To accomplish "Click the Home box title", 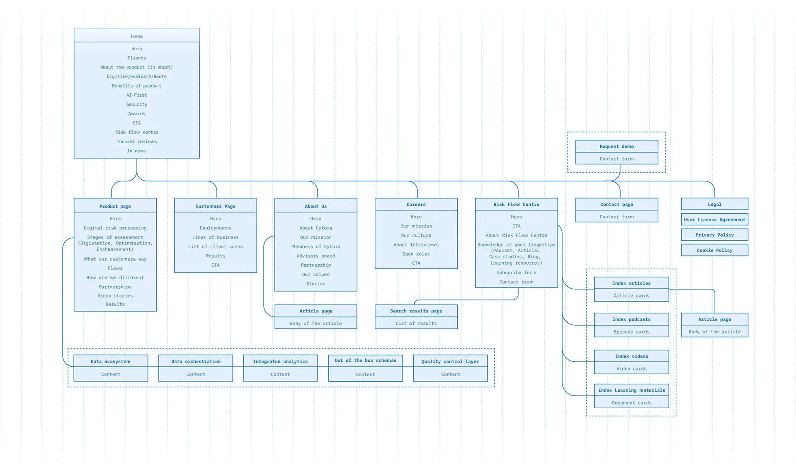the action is click(x=137, y=36).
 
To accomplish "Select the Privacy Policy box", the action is click(x=715, y=235).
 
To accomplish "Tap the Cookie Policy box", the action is click(x=715, y=250).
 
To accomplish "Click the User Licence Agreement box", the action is click(x=715, y=219).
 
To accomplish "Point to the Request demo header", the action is click(x=617, y=146).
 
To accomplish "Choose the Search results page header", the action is click(x=416, y=311).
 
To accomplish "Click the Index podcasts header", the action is click(x=631, y=319).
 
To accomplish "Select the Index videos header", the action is click(x=631, y=356).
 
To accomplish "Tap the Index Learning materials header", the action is click(x=631, y=390).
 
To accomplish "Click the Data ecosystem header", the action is click(x=111, y=361).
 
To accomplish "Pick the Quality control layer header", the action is click(x=450, y=361).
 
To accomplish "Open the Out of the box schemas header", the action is click(x=366, y=361).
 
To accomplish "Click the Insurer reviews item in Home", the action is click(x=137, y=141).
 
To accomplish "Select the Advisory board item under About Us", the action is click(x=316, y=256).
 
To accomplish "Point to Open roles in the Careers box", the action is click(x=416, y=254).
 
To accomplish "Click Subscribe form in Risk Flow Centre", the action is click(x=517, y=273).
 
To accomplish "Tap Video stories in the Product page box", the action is click(x=115, y=296).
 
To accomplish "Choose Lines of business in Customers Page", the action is click(x=216, y=237).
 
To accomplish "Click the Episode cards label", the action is click(x=632, y=332).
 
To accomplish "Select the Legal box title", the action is click(x=715, y=205).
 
